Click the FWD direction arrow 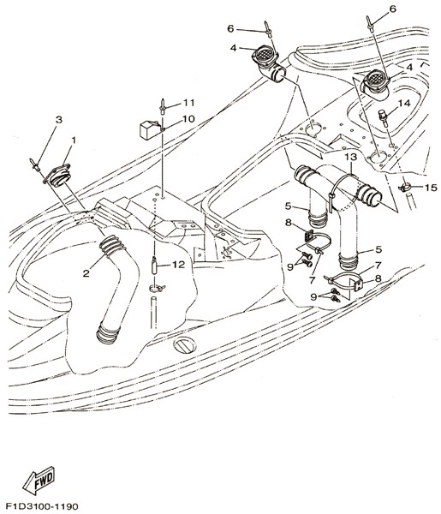pos(39,480)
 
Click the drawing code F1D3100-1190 pos(42,506)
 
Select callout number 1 pos(74,140)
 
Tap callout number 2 pos(86,273)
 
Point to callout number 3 pos(58,120)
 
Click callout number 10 pos(188,119)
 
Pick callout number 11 pos(188,103)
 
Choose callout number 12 pos(179,264)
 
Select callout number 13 pos(350,157)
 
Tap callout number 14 pos(404,104)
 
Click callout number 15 pos(431,188)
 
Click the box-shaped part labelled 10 pos(148,129)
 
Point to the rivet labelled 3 pos(36,164)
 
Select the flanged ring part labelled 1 pos(57,175)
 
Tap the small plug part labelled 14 pos(383,117)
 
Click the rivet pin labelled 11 pos(162,106)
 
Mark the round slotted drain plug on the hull pos(185,345)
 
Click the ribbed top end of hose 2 pos(111,248)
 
